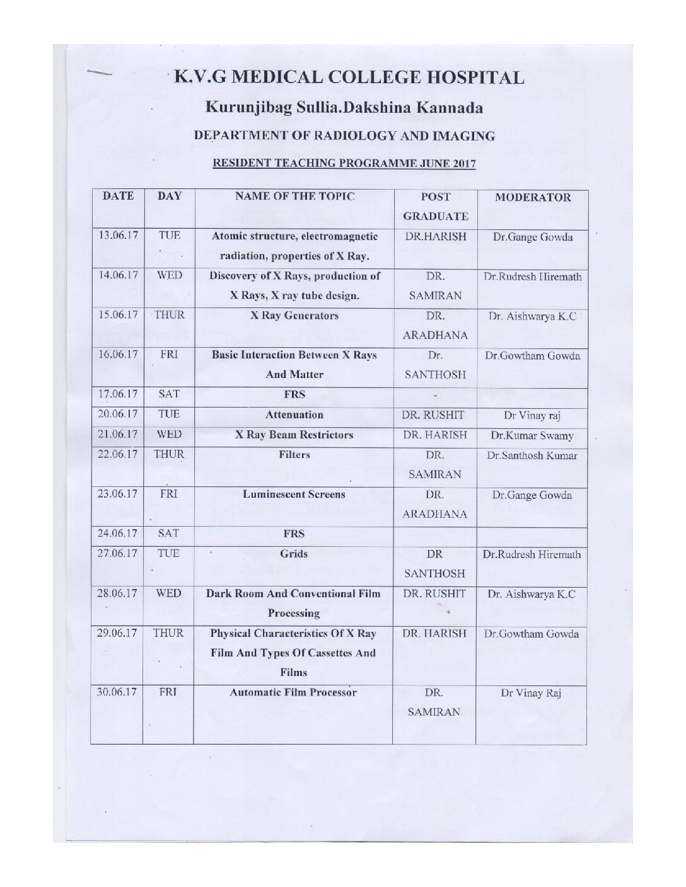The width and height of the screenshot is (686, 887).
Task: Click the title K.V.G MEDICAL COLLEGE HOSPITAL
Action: [348, 77]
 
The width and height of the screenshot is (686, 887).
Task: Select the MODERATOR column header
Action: [533, 197]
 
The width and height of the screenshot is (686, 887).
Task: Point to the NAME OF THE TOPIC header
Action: [294, 196]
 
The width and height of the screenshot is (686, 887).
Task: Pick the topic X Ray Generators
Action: [294, 315]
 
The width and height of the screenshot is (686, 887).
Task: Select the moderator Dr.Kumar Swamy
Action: [532, 435]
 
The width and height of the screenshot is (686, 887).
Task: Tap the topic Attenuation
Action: [294, 415]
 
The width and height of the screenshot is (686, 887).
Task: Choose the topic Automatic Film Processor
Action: [294, 692]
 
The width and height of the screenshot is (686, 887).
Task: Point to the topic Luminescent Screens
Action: [294, 494]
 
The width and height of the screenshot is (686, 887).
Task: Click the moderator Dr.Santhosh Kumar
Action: [532, 455]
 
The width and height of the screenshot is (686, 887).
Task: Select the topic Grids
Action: [294, 554]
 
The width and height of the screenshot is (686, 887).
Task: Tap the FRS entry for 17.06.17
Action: [294, 394]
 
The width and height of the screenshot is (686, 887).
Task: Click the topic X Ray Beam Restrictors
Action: [294, 435]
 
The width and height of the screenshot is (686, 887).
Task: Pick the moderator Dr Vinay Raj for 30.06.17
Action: [531, 694]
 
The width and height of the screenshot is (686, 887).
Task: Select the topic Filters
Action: [294, 454]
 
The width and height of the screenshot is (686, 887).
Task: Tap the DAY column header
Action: [169, 196]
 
